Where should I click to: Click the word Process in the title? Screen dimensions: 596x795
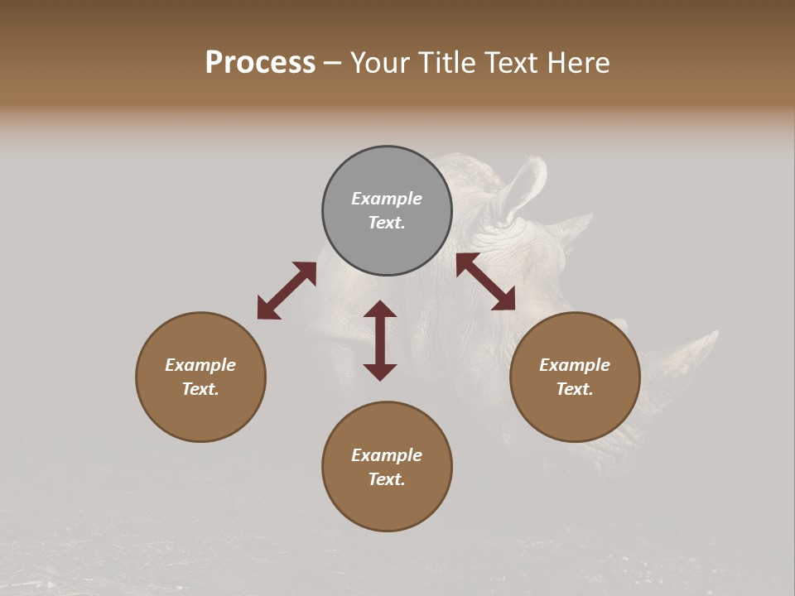click(260, 63)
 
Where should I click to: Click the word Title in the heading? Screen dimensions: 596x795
click(447, 63)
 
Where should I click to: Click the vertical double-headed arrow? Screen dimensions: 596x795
click(380, 340)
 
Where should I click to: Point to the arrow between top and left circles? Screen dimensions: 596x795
click(287, 291)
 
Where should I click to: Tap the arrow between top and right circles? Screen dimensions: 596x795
click(486, 281)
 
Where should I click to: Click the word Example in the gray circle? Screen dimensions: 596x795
click(387, 199)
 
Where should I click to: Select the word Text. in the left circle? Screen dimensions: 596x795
click(200, 389)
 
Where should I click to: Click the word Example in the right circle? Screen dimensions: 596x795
click(575, 365)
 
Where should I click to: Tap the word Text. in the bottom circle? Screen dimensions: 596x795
click(387, 479)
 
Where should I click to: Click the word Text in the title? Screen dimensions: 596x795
click(513, 63)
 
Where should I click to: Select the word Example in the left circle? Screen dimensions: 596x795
click(200, 365)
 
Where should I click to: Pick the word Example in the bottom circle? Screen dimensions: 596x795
click(387, 455)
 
